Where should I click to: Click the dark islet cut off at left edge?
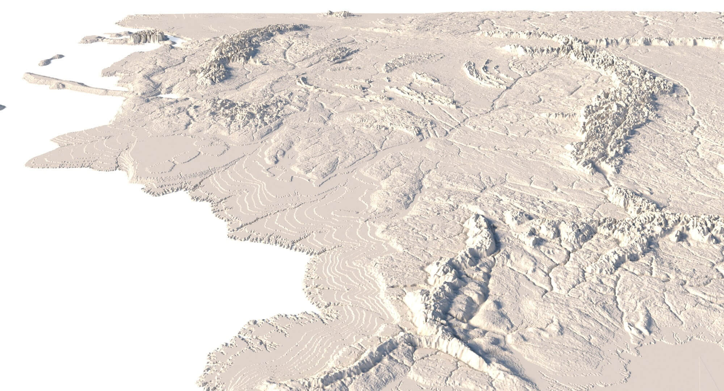2,107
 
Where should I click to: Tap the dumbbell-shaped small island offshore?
51,60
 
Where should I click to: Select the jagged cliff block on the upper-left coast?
148,37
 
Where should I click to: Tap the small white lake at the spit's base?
169,96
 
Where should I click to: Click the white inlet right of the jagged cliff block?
176,40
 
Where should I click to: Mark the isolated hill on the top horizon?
339,14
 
